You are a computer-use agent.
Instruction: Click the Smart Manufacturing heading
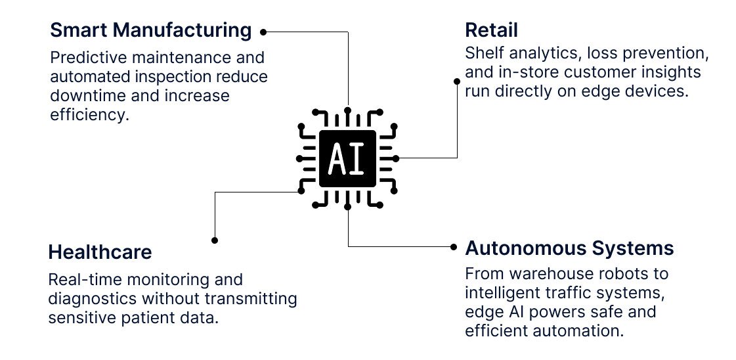coord(150,30)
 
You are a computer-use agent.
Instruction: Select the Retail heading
coord(491,30)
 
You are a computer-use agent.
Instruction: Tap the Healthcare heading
coord(100,252)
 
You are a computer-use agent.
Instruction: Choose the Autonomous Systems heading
coord(569,248)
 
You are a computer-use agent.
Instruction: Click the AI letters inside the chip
coord(347,158)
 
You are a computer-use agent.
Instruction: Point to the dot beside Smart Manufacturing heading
coord(263,31)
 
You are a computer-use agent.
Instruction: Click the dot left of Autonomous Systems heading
coord(453,247)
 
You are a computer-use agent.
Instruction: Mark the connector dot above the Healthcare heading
coord(214,240)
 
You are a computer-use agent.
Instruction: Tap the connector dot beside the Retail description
coord(457,81)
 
